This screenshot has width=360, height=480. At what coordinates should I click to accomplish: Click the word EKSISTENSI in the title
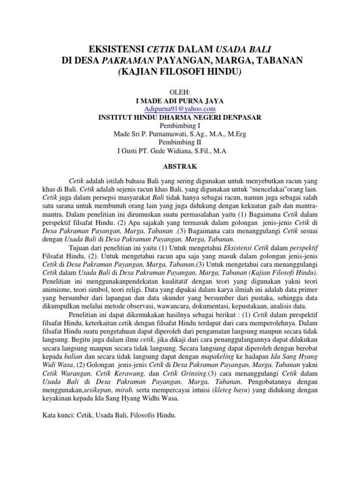116,49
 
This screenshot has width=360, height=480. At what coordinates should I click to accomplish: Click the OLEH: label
179,92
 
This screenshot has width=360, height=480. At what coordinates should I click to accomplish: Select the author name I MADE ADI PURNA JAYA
180,100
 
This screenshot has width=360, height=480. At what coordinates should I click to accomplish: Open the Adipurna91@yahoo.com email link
180,109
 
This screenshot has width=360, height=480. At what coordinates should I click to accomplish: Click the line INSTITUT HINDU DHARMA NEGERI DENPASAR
180,117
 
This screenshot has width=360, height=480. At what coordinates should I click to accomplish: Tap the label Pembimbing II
180,142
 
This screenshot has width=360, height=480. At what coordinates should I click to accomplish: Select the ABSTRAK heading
180,166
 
